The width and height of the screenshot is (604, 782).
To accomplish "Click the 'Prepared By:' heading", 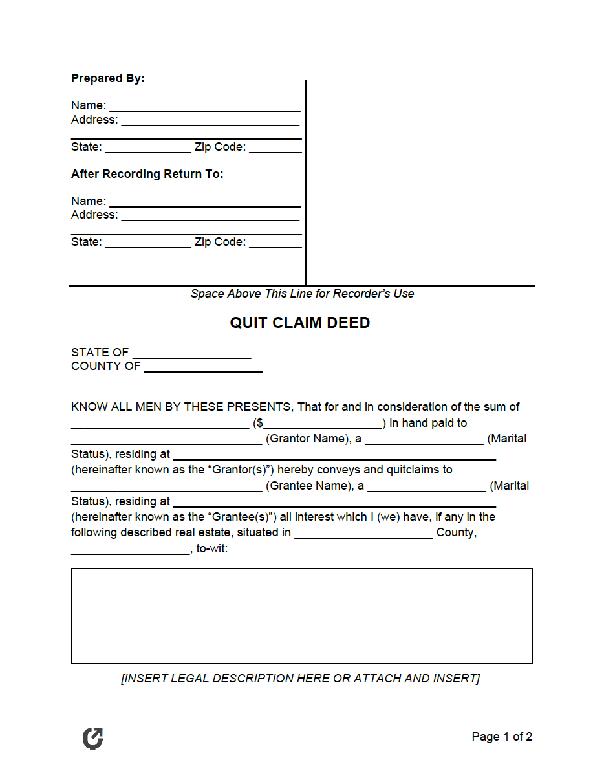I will [x=108, y=78].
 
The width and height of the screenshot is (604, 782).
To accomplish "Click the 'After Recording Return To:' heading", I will [x=147, y=174].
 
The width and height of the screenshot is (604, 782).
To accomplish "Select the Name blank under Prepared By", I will [x=204, y=107].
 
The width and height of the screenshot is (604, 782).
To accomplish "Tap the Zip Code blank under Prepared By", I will [x=275, y=148].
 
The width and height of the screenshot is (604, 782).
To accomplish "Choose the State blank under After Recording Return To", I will [x=147, y=243].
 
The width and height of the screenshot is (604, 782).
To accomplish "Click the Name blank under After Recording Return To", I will [x=204, y=202].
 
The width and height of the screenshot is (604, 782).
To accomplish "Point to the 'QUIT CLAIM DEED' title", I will [x=300, y=323].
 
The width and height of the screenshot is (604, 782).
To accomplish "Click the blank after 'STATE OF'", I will [x=191, y=354].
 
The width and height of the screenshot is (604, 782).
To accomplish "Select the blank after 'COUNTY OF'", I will [x=203, y=367].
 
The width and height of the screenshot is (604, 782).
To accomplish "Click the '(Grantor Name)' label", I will [x=307, y=439].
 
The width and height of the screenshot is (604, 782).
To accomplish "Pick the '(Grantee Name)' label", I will [x=308, y=486].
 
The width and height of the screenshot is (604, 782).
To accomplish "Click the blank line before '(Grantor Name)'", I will [x=166, y=440].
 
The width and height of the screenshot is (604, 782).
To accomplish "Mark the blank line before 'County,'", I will [x=363, y=534].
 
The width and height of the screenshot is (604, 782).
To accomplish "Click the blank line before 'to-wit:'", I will [x=130, y=550].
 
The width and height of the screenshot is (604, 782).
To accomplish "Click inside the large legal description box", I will [x=301, y=616].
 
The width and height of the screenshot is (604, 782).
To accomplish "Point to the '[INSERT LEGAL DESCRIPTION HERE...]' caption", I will [x=301, y=679].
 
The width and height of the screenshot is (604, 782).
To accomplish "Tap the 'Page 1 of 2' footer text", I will [x=502, y=737].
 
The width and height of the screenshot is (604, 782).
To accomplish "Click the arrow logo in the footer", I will [x=93, y=738].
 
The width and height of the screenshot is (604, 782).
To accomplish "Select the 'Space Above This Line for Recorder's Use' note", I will [x=302, y=294].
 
